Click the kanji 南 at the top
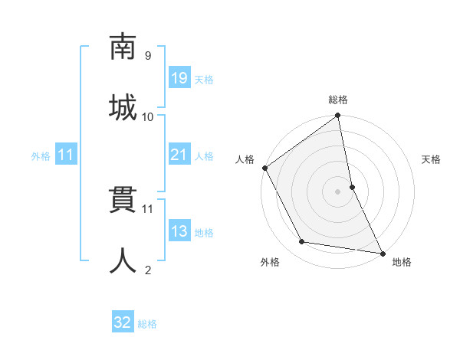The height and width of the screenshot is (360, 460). [123, 47]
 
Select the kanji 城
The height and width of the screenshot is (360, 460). [123, 105]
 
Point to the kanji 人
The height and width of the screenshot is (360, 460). [123, 260]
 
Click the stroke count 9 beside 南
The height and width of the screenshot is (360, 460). [148, 55]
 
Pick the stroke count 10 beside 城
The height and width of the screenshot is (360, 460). [148, 116]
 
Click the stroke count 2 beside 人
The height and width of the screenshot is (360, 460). [148, 270]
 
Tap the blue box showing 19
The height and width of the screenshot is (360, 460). [179, 78]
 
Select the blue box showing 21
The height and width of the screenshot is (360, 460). [179, 155]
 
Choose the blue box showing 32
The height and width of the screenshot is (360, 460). [123, 322]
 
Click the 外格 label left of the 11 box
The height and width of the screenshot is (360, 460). [41, 155]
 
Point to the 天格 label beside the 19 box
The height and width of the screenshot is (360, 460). [204, 80]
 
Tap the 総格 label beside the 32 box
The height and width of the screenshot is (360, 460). [147, 324]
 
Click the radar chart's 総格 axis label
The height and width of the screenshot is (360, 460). [338, 100]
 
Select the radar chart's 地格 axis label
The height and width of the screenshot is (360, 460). [402, 262]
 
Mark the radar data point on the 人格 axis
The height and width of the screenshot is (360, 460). [265, 168]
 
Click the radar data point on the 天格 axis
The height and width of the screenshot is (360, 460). [352, 186]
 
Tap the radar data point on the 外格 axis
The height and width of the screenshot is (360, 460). [302, 243]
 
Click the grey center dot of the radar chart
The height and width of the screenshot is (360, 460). [338, 191]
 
